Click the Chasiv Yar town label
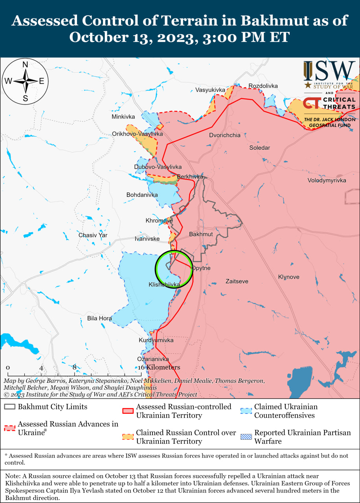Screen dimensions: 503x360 tap(93, 235)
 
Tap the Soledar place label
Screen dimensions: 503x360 tap(260, 148)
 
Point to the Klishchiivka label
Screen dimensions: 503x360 tap(164, 284)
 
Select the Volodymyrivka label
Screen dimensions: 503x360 tap(327, 180)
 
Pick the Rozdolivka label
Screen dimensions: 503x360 tap(263, 86)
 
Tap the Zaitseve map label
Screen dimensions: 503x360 tap(237, 281)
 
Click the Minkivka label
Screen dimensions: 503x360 tap(123, 117)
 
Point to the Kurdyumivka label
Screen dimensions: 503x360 tap(156, 340)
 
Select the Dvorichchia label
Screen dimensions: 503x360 tap(224, 135)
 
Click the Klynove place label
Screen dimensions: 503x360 tap(288, 277)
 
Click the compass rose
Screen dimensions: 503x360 tap(25, 81)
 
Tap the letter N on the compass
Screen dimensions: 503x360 tap(25, 65)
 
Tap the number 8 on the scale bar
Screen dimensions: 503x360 tap(74, 367)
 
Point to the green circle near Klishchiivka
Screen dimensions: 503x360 tap(174, 269)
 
